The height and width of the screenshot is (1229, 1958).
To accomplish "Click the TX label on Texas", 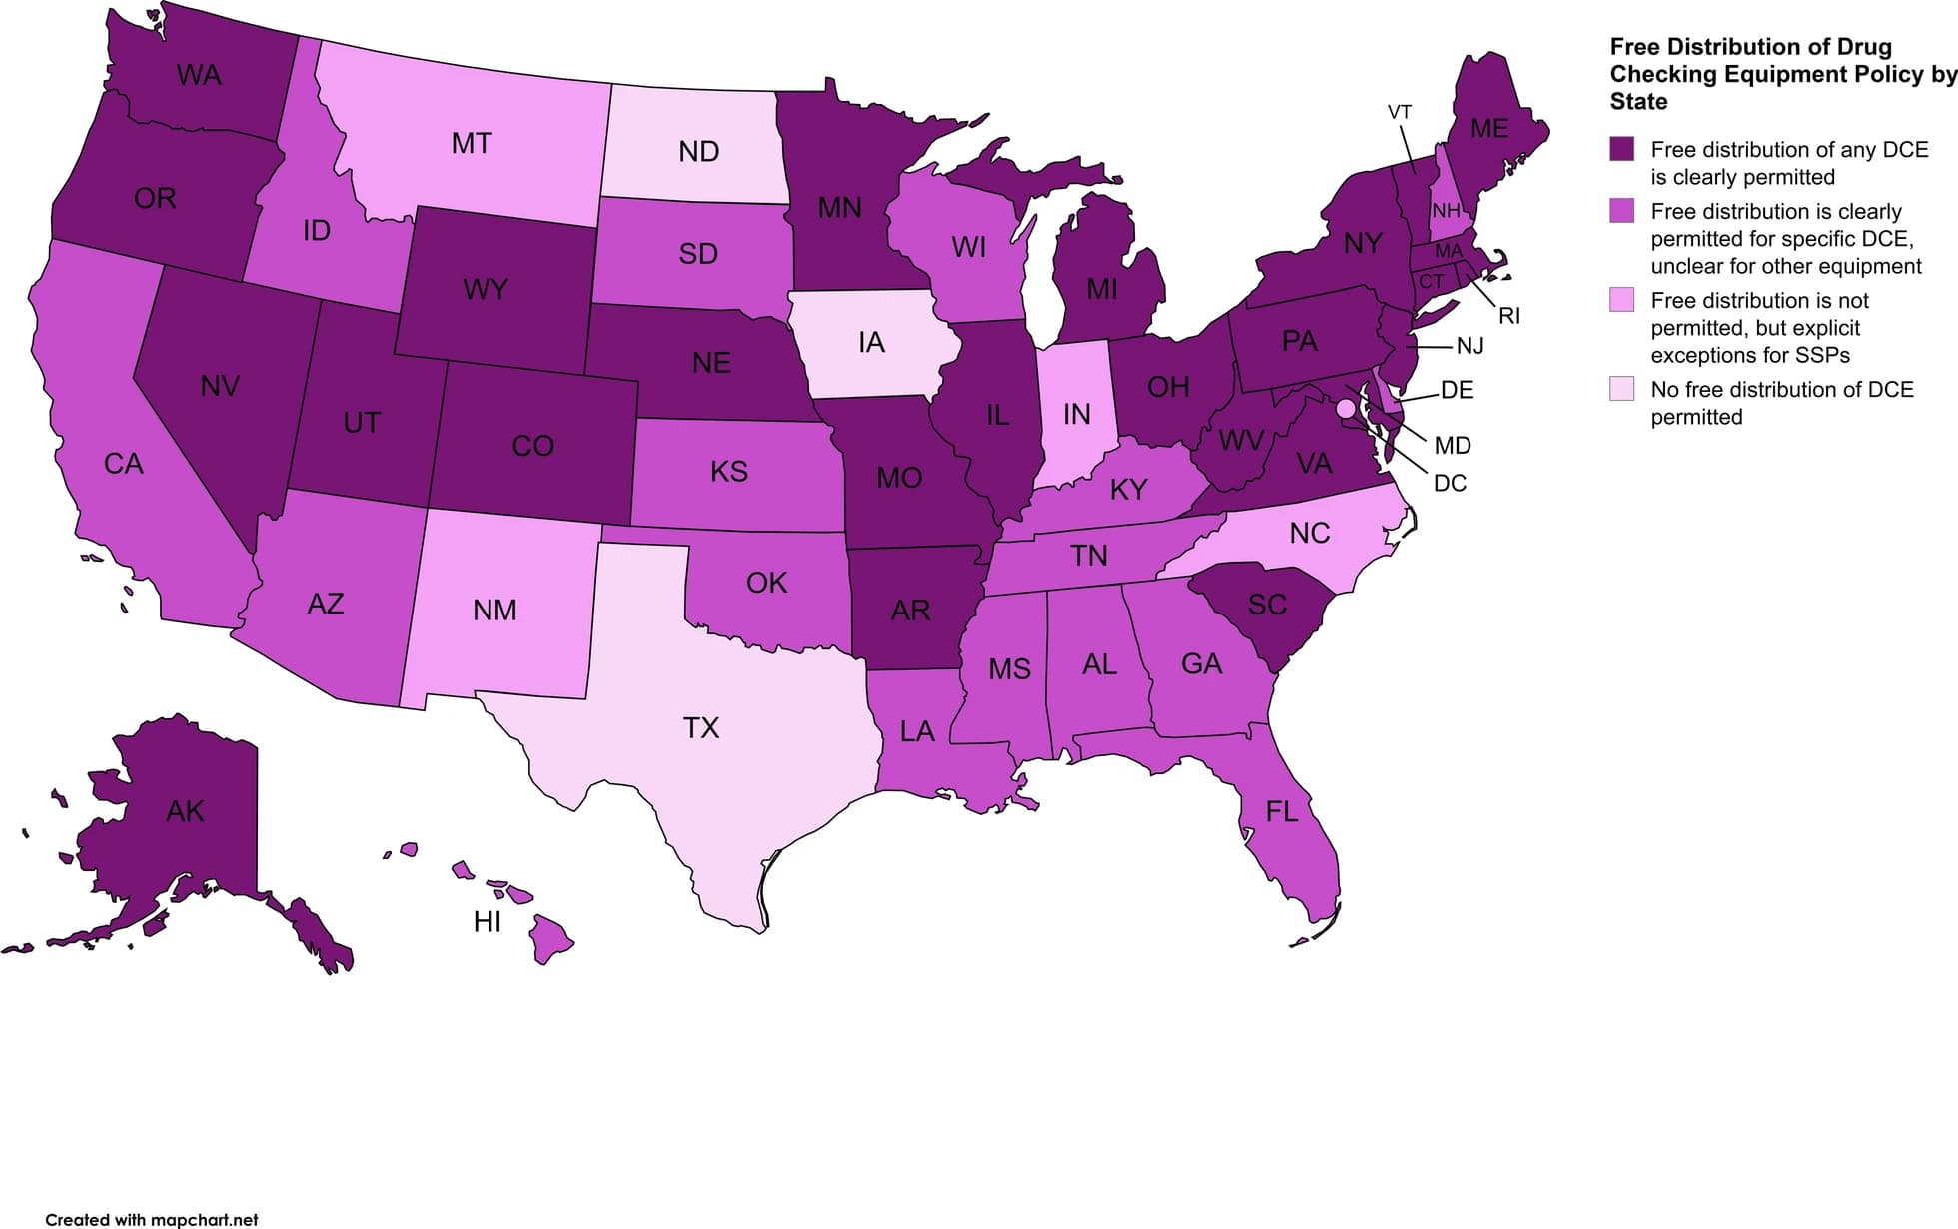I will coord(700,728).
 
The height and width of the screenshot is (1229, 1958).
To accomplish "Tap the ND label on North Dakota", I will coord(698,152).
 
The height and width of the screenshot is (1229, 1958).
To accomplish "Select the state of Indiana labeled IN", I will coord(1076,414).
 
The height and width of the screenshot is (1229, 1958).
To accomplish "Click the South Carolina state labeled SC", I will coord(1267,605).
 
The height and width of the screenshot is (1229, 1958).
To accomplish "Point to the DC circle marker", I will coord(1345,408).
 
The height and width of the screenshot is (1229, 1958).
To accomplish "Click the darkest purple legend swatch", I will coord(1621,149).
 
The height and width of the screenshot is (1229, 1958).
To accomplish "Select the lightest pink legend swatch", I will coord(1621,389).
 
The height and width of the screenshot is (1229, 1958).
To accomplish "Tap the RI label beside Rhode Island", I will coord(1508,316).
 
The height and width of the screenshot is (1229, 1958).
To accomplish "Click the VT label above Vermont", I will coord(1399,112).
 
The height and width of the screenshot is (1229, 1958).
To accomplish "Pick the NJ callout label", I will coord(1469,346).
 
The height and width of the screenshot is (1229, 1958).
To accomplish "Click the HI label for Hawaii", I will coord(487,922).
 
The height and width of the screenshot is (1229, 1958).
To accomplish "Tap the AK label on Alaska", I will coord(185,811).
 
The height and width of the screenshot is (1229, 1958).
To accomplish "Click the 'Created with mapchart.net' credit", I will coord(152,1219).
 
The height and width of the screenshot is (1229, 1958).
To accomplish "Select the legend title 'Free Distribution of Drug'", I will coord(1750,47).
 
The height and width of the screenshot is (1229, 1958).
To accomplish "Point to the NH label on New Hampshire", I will coord(1446,211).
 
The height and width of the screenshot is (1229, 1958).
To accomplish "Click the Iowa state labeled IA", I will coord(871,343).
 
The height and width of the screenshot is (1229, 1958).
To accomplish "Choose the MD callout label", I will coord(1452,446).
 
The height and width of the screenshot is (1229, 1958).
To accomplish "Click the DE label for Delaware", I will coord(1457,390).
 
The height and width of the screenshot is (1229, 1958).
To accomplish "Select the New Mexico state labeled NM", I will coord(494,611).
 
